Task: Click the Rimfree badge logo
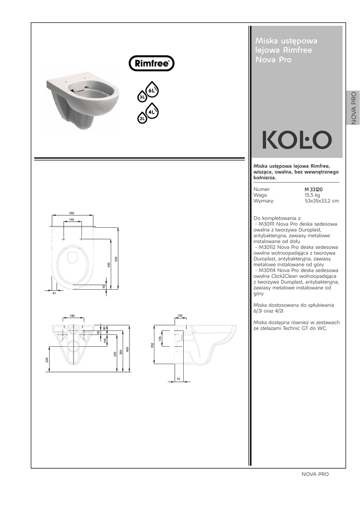point(151,63)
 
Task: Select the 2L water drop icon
point(142,118)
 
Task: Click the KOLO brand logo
point(297,140)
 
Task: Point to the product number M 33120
point(314,189)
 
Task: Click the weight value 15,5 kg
point(312,195)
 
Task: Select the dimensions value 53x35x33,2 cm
point(322,201)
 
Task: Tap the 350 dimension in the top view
point(72,213)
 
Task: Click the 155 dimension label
point(72,220)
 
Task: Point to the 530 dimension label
point(116,259)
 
